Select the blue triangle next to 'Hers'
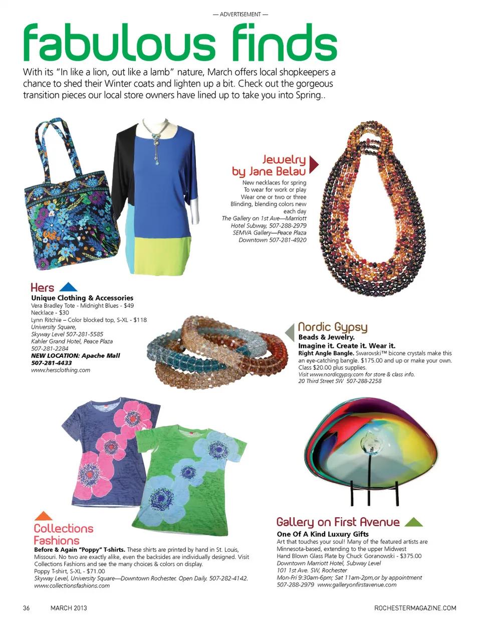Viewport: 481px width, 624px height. tap(68, 287)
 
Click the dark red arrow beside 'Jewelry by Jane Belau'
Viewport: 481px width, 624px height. tap(314, 164)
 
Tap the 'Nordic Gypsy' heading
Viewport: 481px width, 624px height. tap(333, 328)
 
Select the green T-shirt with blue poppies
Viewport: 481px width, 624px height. tap(193, 481)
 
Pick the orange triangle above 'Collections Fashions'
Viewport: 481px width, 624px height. tap(44, 516)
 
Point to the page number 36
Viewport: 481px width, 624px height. tap(27, 608)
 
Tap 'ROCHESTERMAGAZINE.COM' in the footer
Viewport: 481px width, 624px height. tap(415, 608)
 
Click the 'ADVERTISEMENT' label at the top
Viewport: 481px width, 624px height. tap(241, 15)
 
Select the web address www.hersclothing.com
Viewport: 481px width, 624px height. tap(61, 370)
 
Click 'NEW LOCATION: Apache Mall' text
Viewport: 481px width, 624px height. tap(76, 356)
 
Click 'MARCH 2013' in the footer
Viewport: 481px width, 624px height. tap(69, 608)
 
